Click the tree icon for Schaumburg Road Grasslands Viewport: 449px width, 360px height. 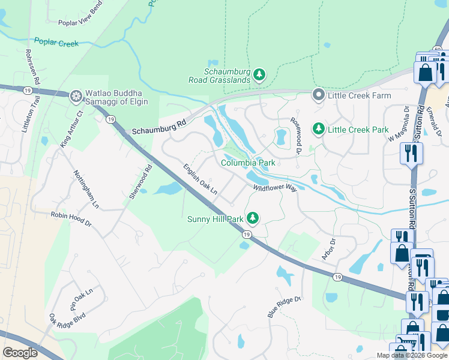(259, 75)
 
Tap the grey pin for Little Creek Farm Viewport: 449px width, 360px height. (319, 95)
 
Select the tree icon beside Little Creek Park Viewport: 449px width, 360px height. (319, 129)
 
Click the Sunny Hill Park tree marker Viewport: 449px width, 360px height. (253, 218)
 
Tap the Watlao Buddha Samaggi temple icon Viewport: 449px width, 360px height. (76, 95)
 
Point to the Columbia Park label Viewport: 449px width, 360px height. (248, 163)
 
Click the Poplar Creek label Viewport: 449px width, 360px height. (57, 42)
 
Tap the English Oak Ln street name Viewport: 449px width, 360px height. (200, 179)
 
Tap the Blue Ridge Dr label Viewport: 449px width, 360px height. (283, 307)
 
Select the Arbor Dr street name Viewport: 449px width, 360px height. (328, 249)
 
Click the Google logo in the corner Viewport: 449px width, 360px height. (20, 353)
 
